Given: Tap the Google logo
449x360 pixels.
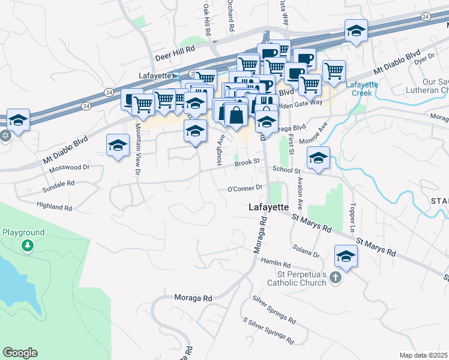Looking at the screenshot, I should click(20, 353).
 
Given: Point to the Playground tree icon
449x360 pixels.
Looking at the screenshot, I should click(27, 246).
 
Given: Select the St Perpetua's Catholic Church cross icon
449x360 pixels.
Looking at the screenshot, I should click(336, 278).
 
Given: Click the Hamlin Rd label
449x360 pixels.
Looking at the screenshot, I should click(276, 264).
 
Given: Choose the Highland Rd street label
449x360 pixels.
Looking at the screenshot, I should click(54, 207).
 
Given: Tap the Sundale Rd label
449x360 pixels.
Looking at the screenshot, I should click(59, 183).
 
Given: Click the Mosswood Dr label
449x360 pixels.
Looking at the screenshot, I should click(68, 169).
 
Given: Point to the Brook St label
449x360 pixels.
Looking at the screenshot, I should click(247, 161).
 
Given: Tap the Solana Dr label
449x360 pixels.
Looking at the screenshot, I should click(306, 251).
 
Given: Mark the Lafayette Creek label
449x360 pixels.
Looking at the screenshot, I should click(363, 89).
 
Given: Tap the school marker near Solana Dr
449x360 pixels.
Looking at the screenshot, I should click(346, 257).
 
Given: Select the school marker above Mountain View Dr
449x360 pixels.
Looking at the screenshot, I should click(118, 145).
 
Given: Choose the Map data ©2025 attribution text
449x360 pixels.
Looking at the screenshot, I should click(423, 355).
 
